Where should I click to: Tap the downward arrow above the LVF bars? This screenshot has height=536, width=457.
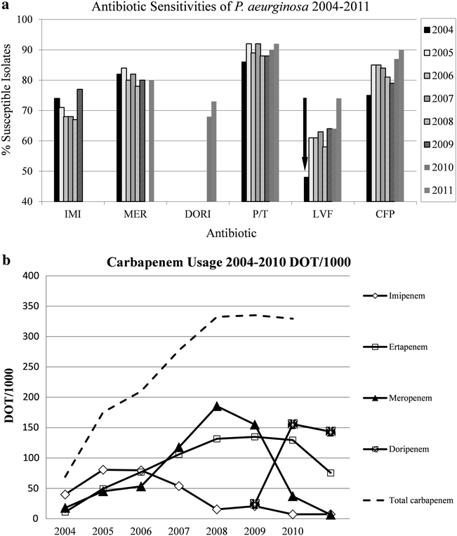click(305, 163)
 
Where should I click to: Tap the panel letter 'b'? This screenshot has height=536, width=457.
click(6, 245)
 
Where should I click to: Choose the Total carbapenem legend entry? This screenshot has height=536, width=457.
click(414, 500)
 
